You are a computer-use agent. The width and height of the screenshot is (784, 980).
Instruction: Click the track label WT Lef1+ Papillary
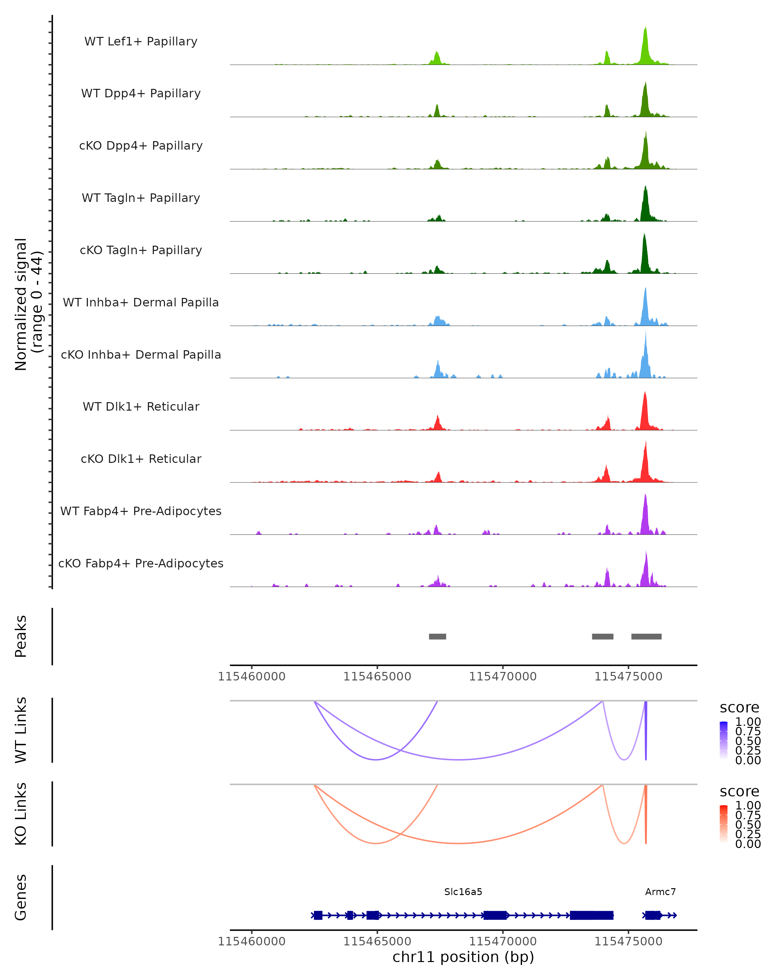click(x=141, y=41)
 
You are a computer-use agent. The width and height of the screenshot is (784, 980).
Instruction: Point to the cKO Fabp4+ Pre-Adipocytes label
click(x=141, y=563)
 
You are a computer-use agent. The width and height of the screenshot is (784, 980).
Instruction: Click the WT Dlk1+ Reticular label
click(x=141, y=406)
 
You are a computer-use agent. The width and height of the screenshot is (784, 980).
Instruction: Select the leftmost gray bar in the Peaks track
click(x=437, y=636)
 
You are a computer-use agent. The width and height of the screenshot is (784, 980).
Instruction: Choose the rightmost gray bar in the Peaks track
click(x=646, y=636)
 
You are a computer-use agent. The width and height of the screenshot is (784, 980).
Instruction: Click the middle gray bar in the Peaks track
click(x=603, y=636)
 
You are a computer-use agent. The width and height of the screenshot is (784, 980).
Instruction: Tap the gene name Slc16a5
click(x=463, y=892)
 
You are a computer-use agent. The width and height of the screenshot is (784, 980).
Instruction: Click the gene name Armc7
click(x=661, y=892)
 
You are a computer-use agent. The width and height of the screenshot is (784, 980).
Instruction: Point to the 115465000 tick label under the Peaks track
click(x=377, y=677)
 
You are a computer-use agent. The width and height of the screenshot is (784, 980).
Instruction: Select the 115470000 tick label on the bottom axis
click(x=503, y=941)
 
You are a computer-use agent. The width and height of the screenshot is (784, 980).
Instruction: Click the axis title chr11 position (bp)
click(x=463, y=957)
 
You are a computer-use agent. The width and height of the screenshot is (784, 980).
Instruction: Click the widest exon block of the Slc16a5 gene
click(x=592, y=915)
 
